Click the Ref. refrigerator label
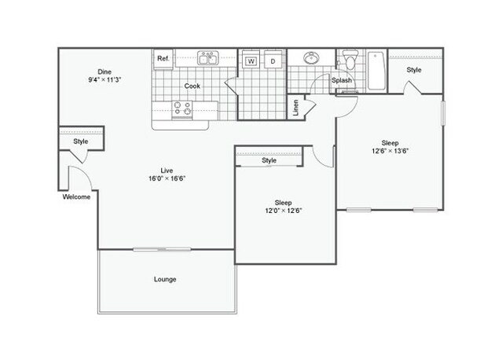163,58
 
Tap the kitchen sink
207,58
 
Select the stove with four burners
181,108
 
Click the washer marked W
251,61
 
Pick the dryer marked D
273,61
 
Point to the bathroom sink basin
311,58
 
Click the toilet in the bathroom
350,59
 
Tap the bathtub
376,71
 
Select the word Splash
342,80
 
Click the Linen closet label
295,108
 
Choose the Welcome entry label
76,197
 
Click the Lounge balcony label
165,279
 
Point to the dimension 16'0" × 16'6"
167,178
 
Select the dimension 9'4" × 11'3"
104,79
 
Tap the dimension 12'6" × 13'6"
390,151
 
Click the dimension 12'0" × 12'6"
284,211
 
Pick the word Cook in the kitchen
192,86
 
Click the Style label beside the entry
81,141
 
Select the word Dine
104,72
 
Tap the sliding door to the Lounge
162,249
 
